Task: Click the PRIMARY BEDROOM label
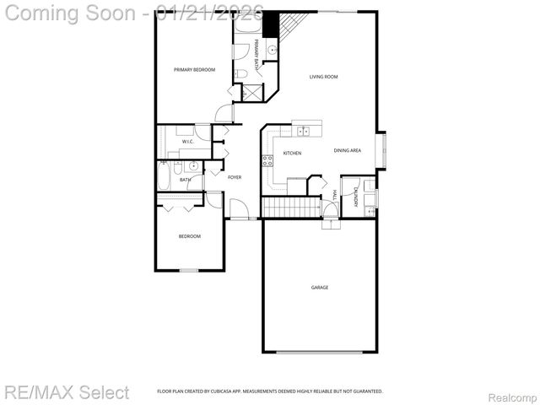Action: [194, 69]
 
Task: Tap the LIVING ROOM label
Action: [323, 77]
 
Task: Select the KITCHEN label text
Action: [292, 153]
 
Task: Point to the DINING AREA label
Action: [348, 150]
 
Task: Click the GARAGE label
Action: [320, 288]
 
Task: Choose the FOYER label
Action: [235, 177]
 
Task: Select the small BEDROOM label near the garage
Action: [189, 236]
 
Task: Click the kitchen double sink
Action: [303, 131]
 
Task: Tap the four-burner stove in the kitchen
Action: [267, 160]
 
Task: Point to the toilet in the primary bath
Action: [240, 75]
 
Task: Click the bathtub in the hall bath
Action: [164, 180]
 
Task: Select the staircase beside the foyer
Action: [289, 207]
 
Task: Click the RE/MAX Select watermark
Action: [67, 392]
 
